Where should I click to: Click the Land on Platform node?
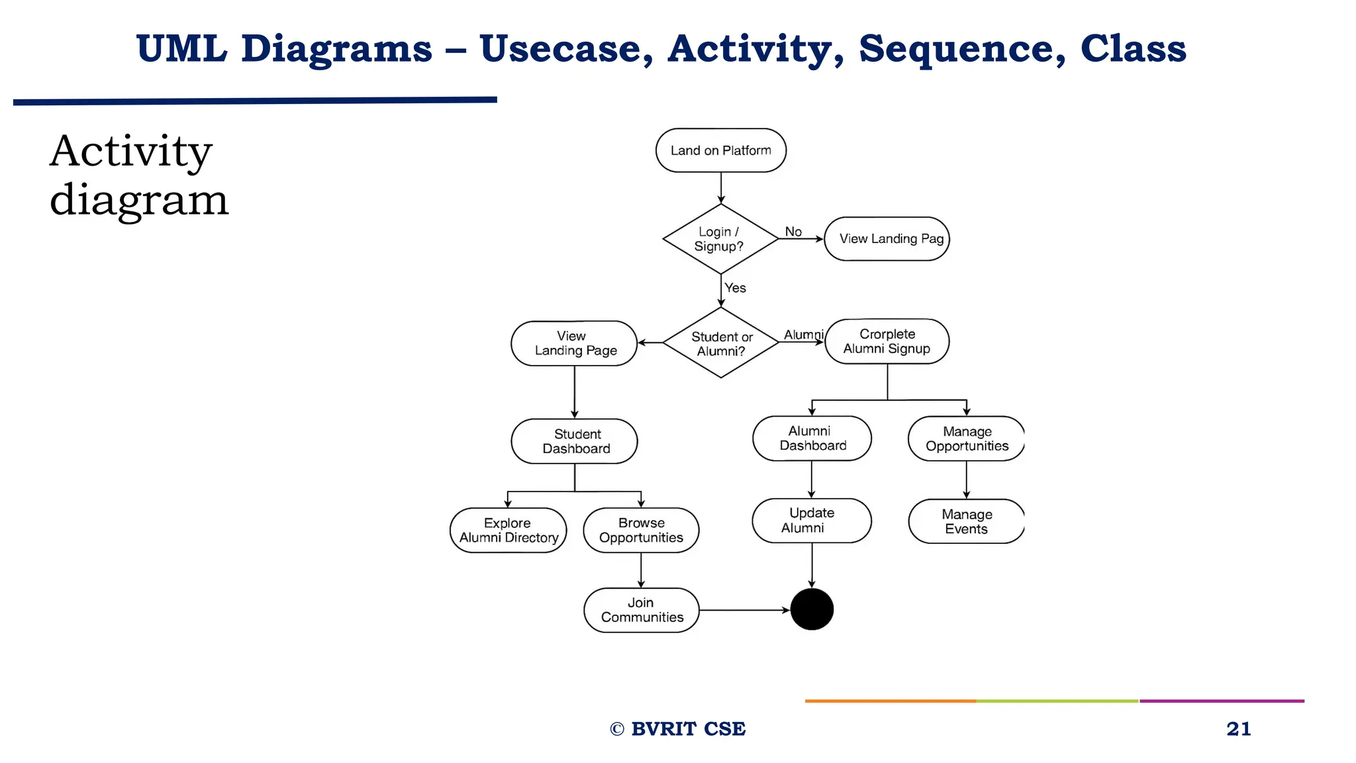720,150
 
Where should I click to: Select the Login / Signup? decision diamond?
720,239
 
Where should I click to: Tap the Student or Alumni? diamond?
720,343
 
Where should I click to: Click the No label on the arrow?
793,231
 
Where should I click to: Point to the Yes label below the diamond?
735,287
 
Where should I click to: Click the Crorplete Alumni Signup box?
887,342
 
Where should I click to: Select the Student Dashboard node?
574,441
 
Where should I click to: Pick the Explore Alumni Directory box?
508,531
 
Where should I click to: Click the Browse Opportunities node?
641,531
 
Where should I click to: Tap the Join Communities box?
641,610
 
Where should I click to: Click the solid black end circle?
812,609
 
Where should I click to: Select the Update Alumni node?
811,521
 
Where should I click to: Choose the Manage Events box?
966,521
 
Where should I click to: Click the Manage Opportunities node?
966,438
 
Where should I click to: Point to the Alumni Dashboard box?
812,438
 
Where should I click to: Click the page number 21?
1238,729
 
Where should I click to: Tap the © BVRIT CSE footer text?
677,729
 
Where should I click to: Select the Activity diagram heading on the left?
139,175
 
